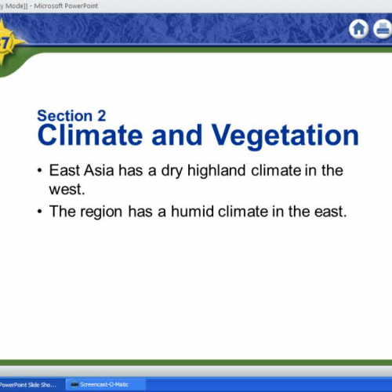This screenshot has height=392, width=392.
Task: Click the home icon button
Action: tap(358, 30)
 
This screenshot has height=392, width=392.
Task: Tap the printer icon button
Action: tap(383, 30)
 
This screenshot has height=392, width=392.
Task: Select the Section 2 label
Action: tap(71, 116)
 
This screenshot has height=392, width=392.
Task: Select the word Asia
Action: tap(96, 170)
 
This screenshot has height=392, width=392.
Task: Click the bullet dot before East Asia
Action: tap(40, 171)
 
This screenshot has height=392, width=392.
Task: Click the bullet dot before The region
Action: tap(40, 212)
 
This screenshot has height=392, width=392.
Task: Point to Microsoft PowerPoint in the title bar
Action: tap(67, 5)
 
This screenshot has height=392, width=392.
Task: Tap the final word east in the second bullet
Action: tap(328, 211)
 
